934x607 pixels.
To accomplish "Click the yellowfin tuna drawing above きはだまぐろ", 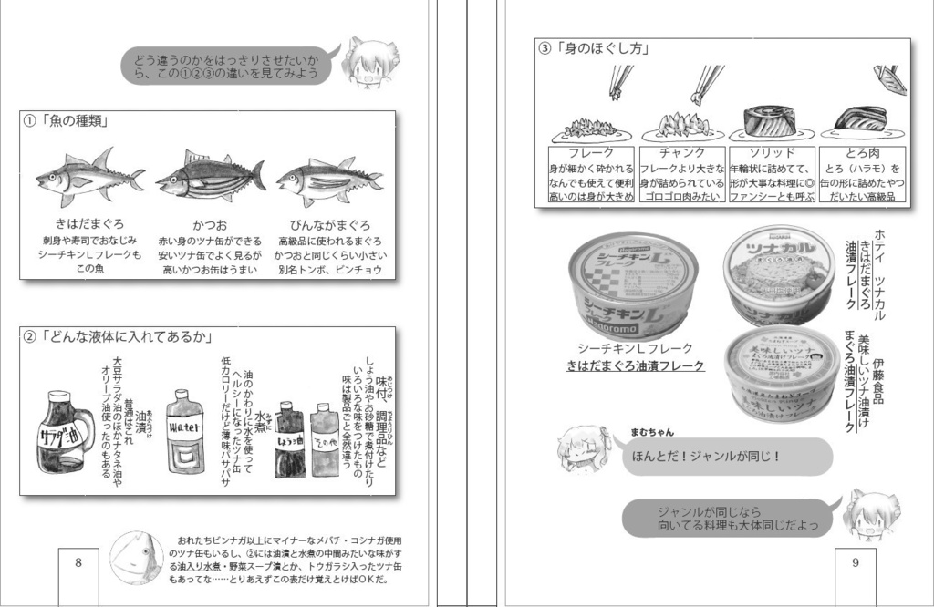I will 88,178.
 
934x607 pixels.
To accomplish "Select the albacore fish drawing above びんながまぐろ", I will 329,179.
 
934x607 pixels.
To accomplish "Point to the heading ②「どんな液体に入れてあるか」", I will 119,338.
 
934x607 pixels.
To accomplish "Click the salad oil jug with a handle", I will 65,430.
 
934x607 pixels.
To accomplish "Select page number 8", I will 78,562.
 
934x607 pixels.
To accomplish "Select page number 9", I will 855,562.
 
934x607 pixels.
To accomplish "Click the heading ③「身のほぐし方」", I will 594,49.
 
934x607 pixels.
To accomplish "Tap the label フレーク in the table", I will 590,153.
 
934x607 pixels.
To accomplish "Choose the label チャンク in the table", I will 682,153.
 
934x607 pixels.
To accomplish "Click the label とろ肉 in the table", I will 861,153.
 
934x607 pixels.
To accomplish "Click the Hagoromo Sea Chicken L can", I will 633,284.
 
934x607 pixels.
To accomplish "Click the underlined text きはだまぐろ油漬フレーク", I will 635,366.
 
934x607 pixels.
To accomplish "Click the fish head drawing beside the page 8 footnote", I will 136,558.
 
